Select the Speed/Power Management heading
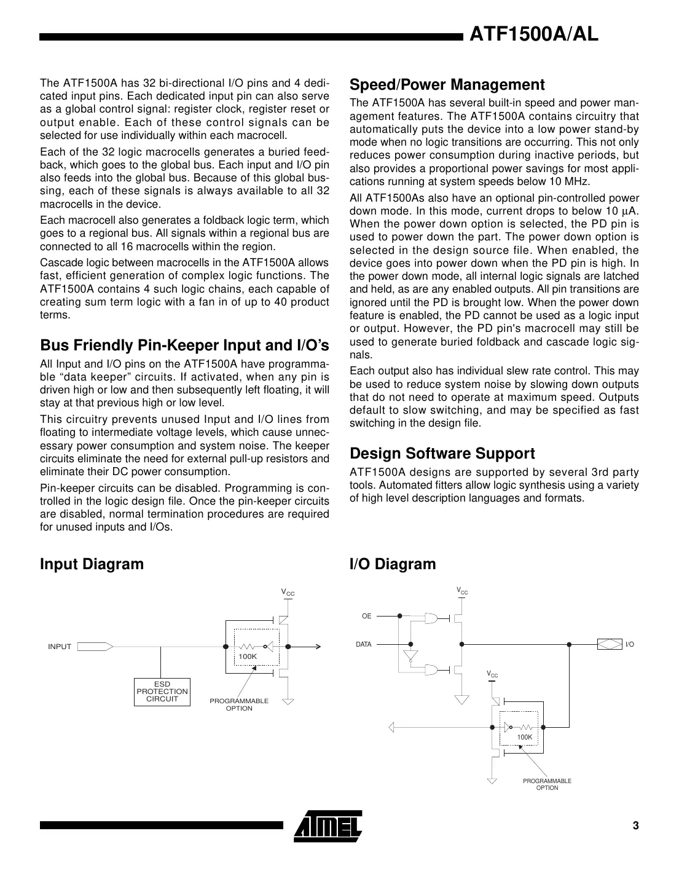[x=447, y=85]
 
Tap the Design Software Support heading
[x=442, y=454]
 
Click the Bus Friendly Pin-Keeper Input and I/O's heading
[x=184, y=345]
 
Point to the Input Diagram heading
[x=92, y=564]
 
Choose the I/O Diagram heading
[x=392, y=564]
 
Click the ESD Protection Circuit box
[x=162, y=692]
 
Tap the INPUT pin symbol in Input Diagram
[x=95, y=647]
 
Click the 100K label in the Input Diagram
[x=248, y=656]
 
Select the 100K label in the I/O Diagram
[x=524, y=736]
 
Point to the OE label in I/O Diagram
[x=366, y=615]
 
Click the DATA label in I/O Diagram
[x=364, y=644]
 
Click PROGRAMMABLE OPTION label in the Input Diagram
[x=239, y=704]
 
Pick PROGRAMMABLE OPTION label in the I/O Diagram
[x=547, y=784]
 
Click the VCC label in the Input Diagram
[x=288, y=593]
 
